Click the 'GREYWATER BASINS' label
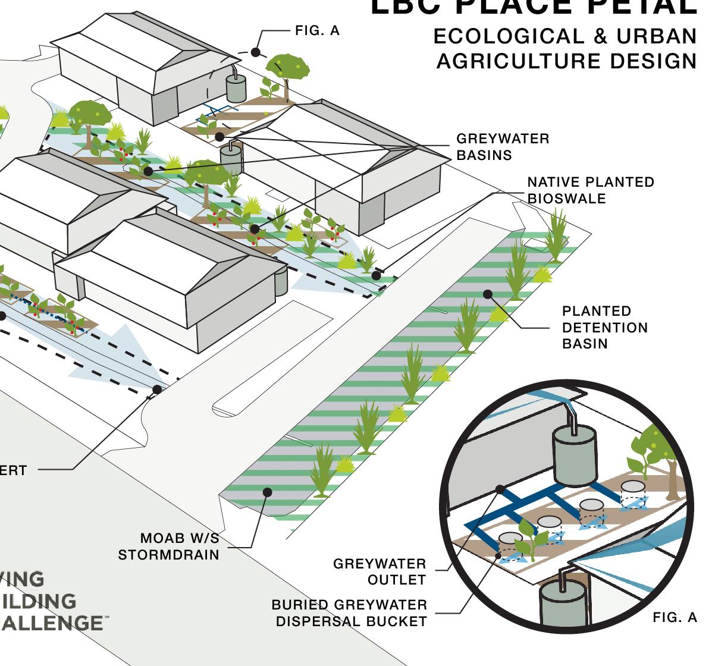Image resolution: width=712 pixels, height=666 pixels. pos(503,147)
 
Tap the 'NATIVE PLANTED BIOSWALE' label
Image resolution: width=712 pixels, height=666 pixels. pos(590,190)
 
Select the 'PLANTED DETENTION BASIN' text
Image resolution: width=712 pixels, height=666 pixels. pos(604,327)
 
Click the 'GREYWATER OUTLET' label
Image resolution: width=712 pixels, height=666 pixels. pos(379,571)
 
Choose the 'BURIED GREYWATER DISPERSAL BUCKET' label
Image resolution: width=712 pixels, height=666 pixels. pos(349,613)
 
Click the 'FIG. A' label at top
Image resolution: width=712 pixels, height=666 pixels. pos(317,31)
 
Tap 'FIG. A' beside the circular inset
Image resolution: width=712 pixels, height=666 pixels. pos(675,618)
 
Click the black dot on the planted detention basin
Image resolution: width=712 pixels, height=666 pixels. pos(488,294)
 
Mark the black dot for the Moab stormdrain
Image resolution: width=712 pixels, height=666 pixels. pos(268,492)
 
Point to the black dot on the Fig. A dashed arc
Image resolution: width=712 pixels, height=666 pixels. pos(255,52)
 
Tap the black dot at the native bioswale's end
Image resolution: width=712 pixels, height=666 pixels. pos(376,275)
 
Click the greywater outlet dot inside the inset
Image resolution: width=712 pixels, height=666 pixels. pos(500,489)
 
